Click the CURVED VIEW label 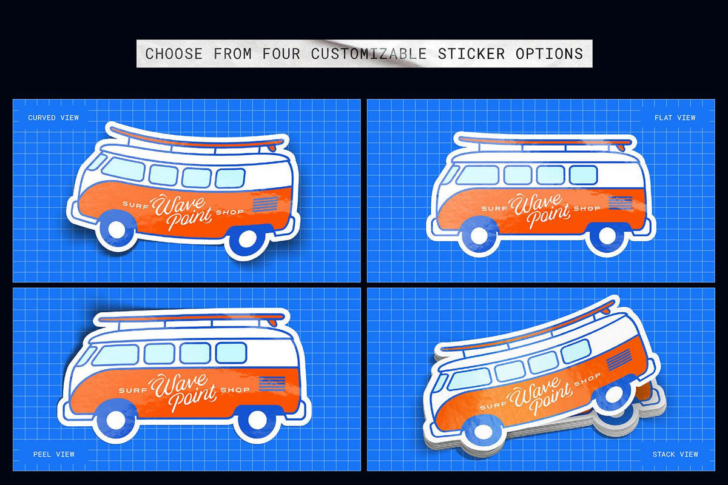(x=53, y=118)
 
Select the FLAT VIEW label (x=675, y=118)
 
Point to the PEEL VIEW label (x=54, y=454)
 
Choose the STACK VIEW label (x=675, y=454)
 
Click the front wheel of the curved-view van (x=115, y=233)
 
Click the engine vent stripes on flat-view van (x=619, y=203)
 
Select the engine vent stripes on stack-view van (x=619, y=361)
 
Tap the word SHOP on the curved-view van (x=232, y=212)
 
